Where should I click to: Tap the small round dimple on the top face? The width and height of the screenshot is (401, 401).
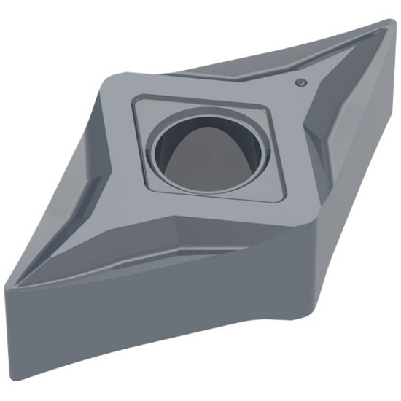299,85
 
